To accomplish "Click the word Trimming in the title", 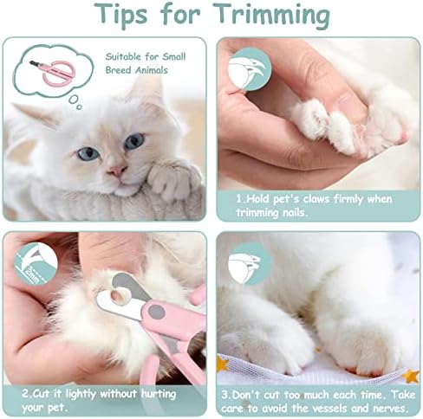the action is pyautogui.click(x=272, y=15).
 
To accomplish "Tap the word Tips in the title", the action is pyautogui.click(x=120, y=15).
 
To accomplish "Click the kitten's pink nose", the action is pyautogui.click(x=117, y=171).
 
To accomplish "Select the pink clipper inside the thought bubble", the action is pyautogui.click(x=52, y=72).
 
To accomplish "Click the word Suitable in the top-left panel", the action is pyautogui.click(x=123, y=56).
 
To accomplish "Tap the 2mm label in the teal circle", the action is pyautogui.click(x=32, y=275).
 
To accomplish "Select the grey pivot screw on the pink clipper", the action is pyautogui.click(x=157, y=312).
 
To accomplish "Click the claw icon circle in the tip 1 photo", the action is pyautogui.click(x=250, y=70).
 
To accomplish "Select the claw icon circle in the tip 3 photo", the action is pyautogui.click(x=251, y=263).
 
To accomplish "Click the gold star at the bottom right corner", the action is pyautogui.click(x=411, y=376).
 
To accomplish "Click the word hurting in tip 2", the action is pyautogui.click(x=159, y=394).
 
